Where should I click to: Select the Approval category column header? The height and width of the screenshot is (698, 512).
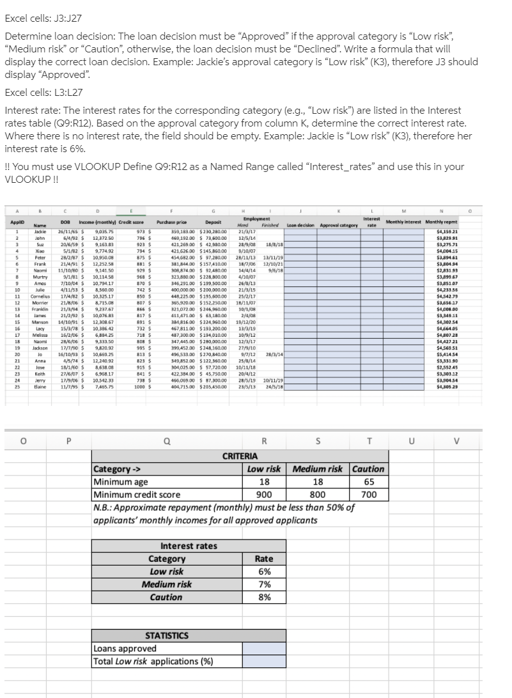[x=338, y=225]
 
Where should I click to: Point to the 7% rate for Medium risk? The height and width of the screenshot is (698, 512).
[x=263, y=584]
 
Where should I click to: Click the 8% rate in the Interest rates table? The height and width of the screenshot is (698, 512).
[x=263, y=597]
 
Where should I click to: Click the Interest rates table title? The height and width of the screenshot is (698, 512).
[x=189, y=546]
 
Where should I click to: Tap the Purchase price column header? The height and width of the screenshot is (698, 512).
[x=171, y=222]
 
